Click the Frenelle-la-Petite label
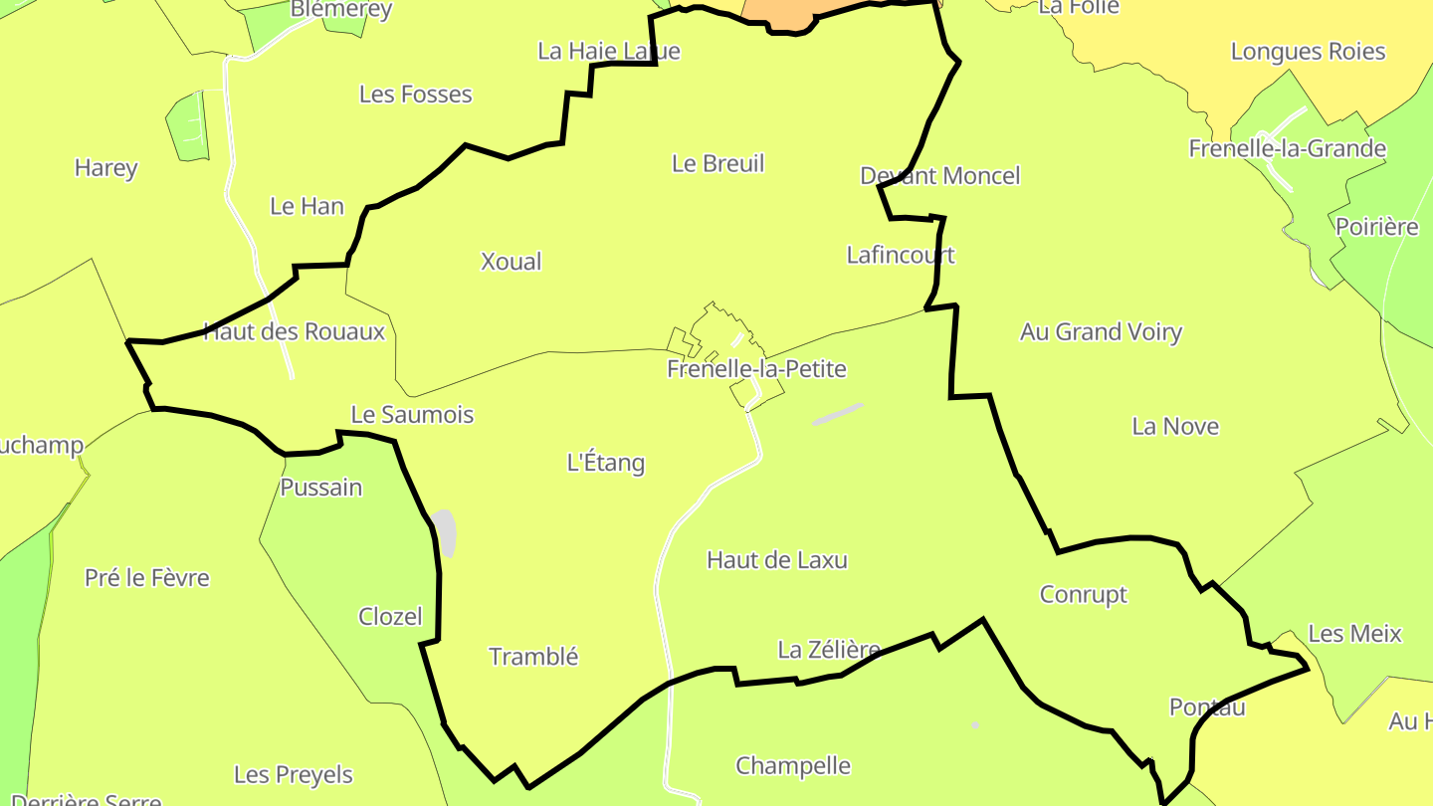(756, 369)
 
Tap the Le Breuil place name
(717, 163)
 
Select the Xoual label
(511, 262)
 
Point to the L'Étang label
(605, 463)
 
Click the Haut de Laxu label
(776, 560)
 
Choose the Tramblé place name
(533, 657)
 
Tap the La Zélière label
(828, 651)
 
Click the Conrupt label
(1083, 594)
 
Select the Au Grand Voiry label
(1101, 331)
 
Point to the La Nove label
(1174, 427)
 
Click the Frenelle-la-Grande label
(1287, 149)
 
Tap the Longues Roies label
(1308, 52)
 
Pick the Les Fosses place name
(415, 95)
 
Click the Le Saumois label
(412, 415)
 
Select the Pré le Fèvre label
(147, 578)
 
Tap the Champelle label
(792, 766)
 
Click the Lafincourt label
(900, 255)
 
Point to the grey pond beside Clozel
(444, 533)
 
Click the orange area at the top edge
(776, 10)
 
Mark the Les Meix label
(1353, 634)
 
